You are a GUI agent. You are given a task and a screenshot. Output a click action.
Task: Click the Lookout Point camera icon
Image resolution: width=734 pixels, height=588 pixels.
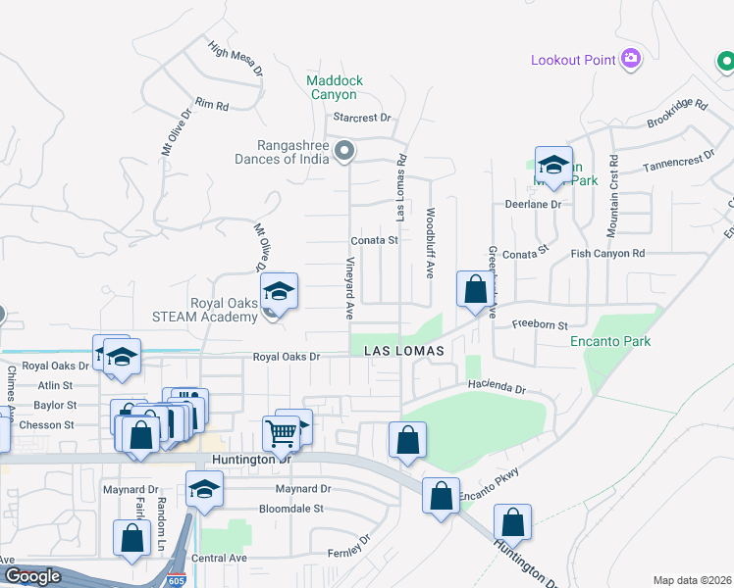coord(631,60)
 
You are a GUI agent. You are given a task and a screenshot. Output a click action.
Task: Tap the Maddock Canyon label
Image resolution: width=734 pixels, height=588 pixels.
coord(335,87)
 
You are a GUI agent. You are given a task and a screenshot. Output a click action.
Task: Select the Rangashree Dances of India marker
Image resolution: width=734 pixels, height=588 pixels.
coord(344,151)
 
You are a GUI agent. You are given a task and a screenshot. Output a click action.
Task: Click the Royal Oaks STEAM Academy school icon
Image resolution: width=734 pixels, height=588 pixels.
coord(279,293)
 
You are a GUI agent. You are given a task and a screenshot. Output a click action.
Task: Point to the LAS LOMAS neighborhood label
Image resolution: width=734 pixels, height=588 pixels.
coord(405,350)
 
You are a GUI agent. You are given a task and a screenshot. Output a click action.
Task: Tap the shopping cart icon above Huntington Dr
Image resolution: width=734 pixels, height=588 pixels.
coord(281,431)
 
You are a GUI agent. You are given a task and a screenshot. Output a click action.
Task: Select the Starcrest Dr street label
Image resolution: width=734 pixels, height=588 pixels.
coord(362,118)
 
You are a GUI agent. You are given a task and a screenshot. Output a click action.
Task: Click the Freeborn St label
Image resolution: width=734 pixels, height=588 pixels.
coord(541,324)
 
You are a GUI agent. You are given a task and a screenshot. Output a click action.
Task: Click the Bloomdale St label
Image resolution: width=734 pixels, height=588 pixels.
coord(290,509)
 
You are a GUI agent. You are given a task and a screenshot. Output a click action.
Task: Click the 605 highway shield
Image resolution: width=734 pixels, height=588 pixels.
coord(177,580)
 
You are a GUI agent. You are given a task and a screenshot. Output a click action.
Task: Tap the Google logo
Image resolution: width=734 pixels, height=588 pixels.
coord(32,576)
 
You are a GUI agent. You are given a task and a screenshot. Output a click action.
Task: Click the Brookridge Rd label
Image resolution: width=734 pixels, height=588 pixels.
coord(678,114)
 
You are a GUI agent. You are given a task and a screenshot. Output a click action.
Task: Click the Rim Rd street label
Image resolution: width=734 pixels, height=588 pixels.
coord(212,104)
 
